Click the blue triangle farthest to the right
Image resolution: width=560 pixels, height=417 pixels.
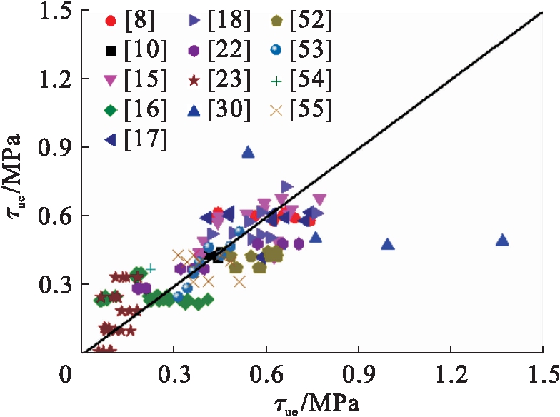[502, 241]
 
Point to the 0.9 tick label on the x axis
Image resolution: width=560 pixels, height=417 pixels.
[358, 373]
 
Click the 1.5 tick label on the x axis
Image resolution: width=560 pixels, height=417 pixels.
[541, 373]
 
